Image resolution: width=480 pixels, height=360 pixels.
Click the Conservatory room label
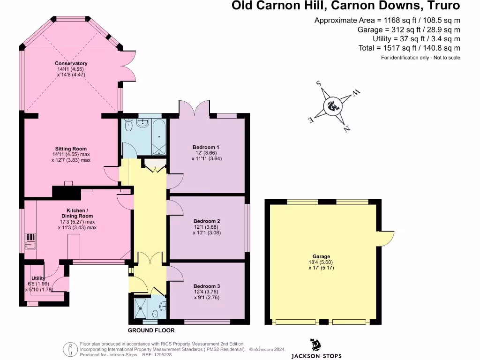[x=71, y=64]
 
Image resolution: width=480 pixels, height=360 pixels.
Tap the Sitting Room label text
[x=71, y=149]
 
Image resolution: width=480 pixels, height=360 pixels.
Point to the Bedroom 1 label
[x=206, y=147]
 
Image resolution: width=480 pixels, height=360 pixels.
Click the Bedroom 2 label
[x=207, y=221]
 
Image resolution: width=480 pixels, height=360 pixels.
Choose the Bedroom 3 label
[x=207, y=286]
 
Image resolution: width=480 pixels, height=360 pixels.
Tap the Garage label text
[x=321, y=256]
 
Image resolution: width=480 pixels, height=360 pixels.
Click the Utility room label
[x=38, y=278]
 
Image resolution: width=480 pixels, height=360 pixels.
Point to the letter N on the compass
[x=347, y=129]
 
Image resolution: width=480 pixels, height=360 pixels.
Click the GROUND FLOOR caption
[x=148, y=330]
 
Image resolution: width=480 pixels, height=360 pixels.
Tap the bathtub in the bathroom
[x=159, y=137]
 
